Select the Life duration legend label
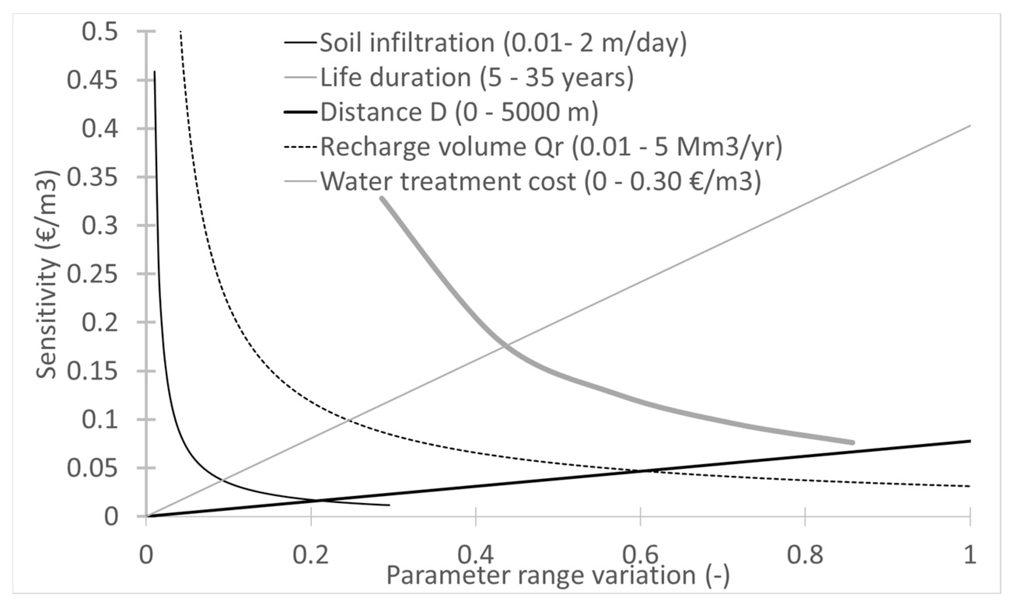[477, 77]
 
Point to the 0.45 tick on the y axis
[92, 80]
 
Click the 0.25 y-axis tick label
[92, 274]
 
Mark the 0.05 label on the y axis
[92, 468]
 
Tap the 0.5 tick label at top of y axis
[100, 32]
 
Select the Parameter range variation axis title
[558, 576]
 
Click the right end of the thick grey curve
[852, 442]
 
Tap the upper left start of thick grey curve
[382, 198]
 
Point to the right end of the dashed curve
[970, 486]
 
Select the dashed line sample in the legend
[300, 147]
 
